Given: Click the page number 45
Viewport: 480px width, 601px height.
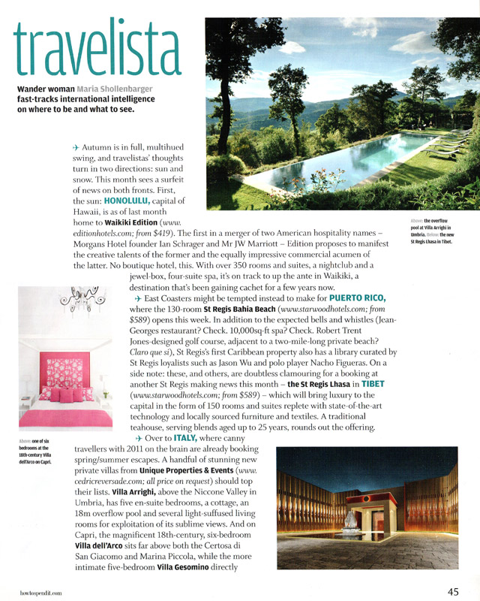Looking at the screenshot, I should point(454,591).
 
